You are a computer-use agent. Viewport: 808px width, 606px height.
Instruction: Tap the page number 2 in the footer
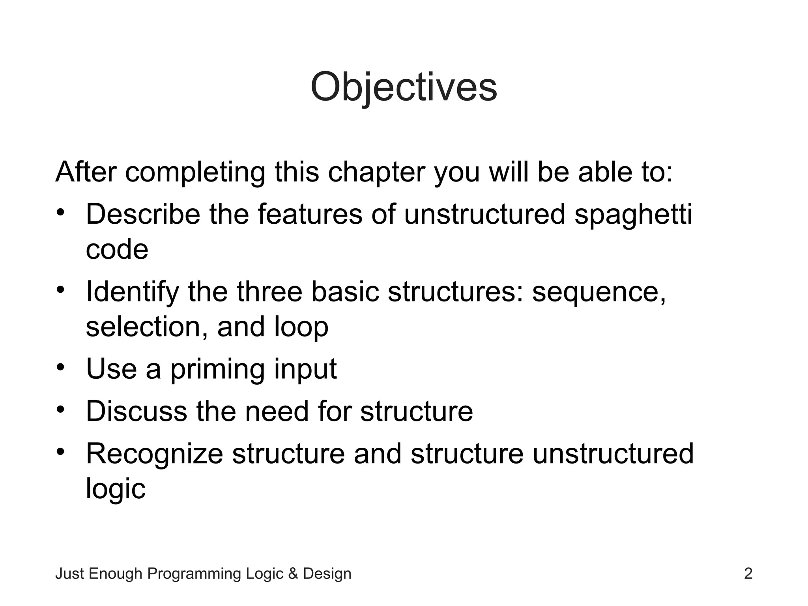click(x=748, y=573)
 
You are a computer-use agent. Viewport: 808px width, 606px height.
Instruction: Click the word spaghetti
click(x=633, y=215)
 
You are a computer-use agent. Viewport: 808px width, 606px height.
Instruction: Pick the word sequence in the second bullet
click(x=599, y=292)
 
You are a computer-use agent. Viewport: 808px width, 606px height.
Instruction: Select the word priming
click(x=217, y=369)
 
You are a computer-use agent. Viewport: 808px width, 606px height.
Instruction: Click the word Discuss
click(x=136, y=411)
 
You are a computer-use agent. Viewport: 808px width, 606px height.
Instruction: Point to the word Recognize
click(x=154, y=453)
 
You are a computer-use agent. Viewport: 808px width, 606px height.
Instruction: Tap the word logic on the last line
click(x=116, y=489)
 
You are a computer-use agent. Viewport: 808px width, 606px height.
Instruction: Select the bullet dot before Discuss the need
click(x=60, y=410)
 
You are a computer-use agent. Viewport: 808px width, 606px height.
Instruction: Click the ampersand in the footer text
click(x=293, y=573)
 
